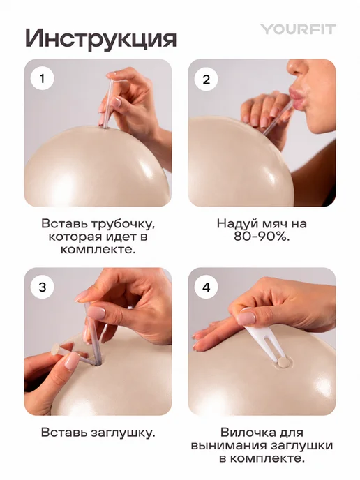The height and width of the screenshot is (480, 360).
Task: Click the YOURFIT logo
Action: pos(298,29)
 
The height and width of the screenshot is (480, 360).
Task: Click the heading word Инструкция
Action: pos(101,38)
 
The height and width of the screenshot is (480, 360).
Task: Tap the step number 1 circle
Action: pos(43,78)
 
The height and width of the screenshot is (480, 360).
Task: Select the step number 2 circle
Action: pos(207,80)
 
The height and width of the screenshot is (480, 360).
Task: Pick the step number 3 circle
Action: pos(43,287)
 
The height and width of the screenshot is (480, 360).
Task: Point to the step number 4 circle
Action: pos(207,287)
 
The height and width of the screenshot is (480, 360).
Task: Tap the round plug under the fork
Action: pos(282,363)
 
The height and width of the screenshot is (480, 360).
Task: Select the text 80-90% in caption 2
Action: pos(262,237)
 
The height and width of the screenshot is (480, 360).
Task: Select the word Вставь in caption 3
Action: pos(64,433)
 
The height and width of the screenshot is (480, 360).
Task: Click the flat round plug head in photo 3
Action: pos(56,349)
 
